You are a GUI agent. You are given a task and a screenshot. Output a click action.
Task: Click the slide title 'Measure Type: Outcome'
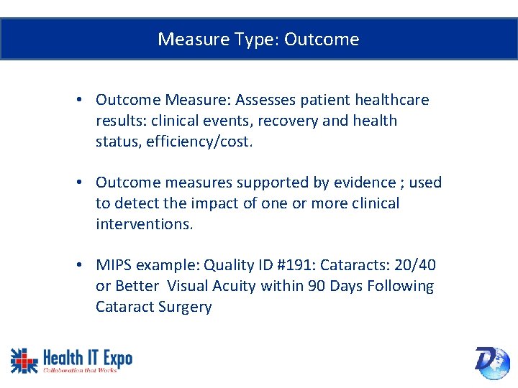click(x=258, y=39)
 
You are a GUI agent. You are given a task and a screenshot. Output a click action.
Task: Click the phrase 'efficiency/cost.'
click(x=199, y=142)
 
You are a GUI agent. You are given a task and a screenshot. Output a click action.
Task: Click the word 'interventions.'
click(x=144, y=224)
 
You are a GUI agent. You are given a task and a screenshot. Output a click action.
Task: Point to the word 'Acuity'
click(x=234, y=286)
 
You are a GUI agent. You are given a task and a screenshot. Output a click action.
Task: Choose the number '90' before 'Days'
click(x=317, y=286)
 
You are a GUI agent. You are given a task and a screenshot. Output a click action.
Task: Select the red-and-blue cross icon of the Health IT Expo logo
click(x=24, y=359)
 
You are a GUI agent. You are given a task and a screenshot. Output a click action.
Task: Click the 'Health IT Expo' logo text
click(x=88, y=356)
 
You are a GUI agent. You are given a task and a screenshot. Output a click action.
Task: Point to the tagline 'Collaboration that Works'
click(x=80, y=370)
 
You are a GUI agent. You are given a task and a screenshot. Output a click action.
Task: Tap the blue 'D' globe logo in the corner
click(x=492, y=361)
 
